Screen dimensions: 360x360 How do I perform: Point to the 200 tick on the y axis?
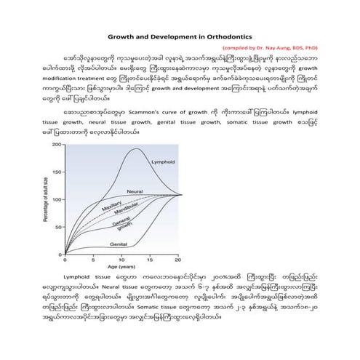coord(56,145)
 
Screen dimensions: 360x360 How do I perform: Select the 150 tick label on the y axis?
coord(56,172)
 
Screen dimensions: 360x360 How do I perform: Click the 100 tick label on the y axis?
coord(56,199)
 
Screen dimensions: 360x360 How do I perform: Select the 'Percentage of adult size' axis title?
coord(45,199)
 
